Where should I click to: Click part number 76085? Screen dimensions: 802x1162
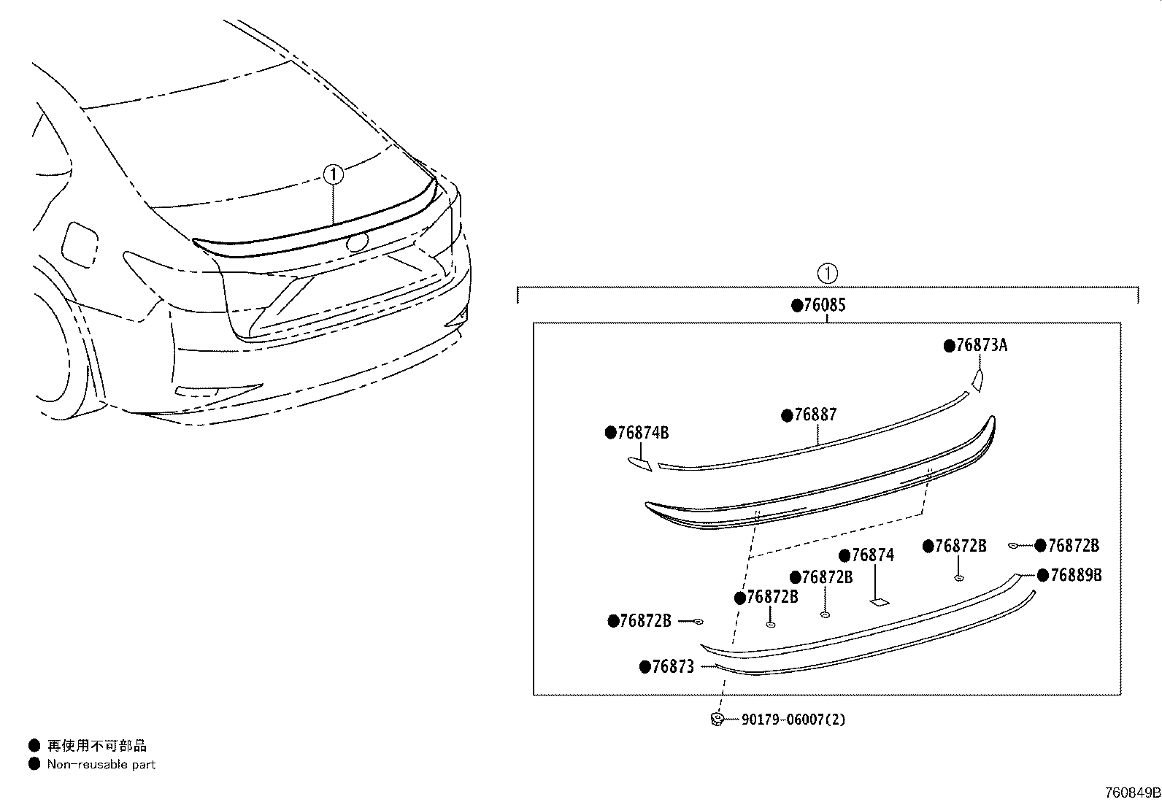click(823, 305)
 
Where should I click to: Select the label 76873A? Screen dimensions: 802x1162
click(980, 346)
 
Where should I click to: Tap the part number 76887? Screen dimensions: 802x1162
click(815, 415)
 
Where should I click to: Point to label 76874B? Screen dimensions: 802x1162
click(642, 433)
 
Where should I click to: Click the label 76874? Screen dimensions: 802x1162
click(871, 555)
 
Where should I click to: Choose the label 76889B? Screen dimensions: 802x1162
click(1074, 575)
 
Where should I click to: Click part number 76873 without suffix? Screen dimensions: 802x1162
click(672, 666)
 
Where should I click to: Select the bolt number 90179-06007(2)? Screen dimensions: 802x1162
click(793, 720)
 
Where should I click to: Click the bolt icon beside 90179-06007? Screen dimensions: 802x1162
click(717, 720)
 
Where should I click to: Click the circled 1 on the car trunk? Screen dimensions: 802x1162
click(333, 174)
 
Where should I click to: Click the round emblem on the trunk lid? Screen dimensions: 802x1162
click(356, 243)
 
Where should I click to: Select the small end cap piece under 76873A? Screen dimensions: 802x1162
click(977, 379)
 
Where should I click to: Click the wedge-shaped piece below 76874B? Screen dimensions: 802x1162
click(640, 463)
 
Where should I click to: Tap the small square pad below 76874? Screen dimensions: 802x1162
click(879, 602)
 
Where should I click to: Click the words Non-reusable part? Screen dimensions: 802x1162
click(101, 765)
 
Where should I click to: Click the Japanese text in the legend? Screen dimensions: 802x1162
click(96, 746)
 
